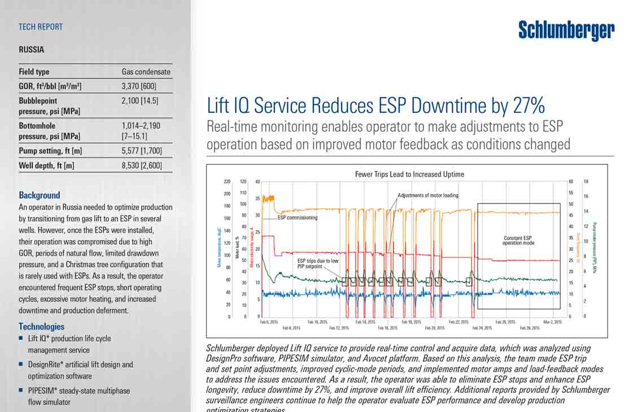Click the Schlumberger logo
click(x=566, y=30)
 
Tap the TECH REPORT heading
click(x=41, y=27)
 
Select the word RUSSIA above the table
click(x=31, y=50)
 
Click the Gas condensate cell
click(x=146, y=72)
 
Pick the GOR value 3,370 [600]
click(x=139, y=86)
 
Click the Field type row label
click(x=34, y=72)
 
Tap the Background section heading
click(x=39, y=195)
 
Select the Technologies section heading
click(x=41, y=326)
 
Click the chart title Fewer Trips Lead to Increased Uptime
click(x=409, y=174)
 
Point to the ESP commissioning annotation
click(x=297, y=217)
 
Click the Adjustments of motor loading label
click(x=427, y=195)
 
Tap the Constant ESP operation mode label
click(x=518, y=240)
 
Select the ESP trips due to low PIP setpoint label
click(x=318, y=263)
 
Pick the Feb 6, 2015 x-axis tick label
click(x=269, y=322)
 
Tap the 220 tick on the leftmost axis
click(x=227, y=182)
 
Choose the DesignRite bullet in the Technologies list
click(x=80, y=365)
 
